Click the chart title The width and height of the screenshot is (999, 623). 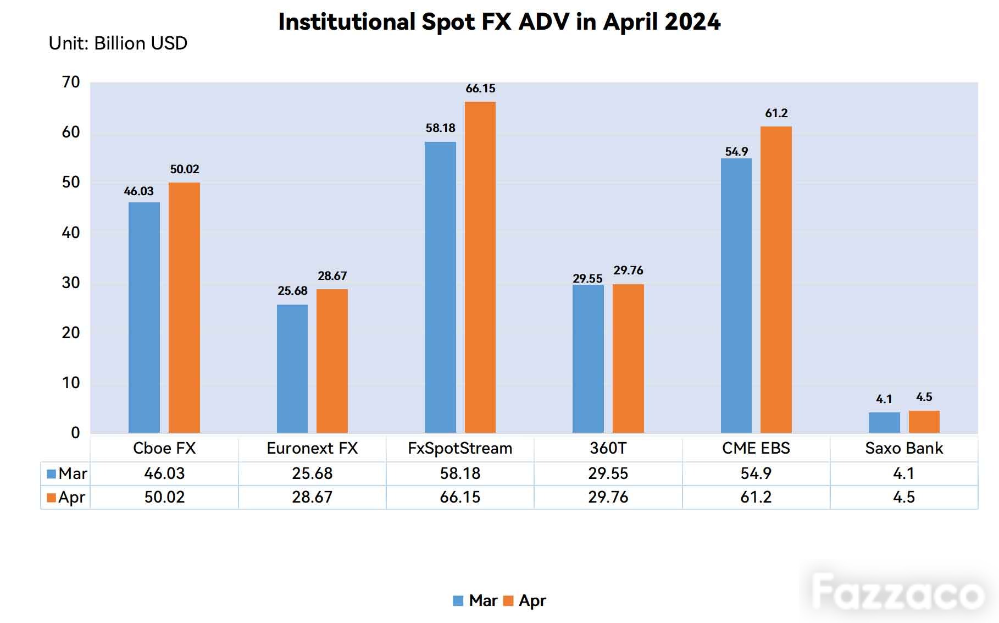click(499, 22)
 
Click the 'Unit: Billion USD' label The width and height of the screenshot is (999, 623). click(118, 43)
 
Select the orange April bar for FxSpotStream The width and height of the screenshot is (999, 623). click(480, 267)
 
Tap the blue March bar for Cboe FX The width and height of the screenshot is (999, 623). click(144, 317)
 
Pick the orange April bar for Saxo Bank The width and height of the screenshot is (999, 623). click(924, 422)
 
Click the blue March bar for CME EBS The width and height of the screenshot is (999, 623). click(736, 295)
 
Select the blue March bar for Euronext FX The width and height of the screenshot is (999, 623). click(292, 368)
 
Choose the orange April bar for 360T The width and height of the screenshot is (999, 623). click(628, 359)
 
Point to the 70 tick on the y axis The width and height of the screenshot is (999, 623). click(71, 82)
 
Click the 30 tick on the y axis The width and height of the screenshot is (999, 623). click(71, 283)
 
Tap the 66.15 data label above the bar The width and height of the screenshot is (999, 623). click(480, 89)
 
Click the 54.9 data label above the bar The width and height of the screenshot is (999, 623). click(736, 152)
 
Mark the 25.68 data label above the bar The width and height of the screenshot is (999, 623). click(292, 291)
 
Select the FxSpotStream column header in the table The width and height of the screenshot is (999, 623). click(460, 449)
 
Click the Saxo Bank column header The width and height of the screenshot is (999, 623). click(904, 449)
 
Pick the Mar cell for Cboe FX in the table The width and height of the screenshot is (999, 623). click(164, 473)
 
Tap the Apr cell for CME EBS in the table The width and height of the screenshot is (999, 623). click(756, 497)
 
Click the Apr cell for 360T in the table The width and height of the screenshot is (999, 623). click(608, 497)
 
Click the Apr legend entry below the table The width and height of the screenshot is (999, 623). click(525, 601)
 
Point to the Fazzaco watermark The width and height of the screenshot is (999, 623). click(897, 593)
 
